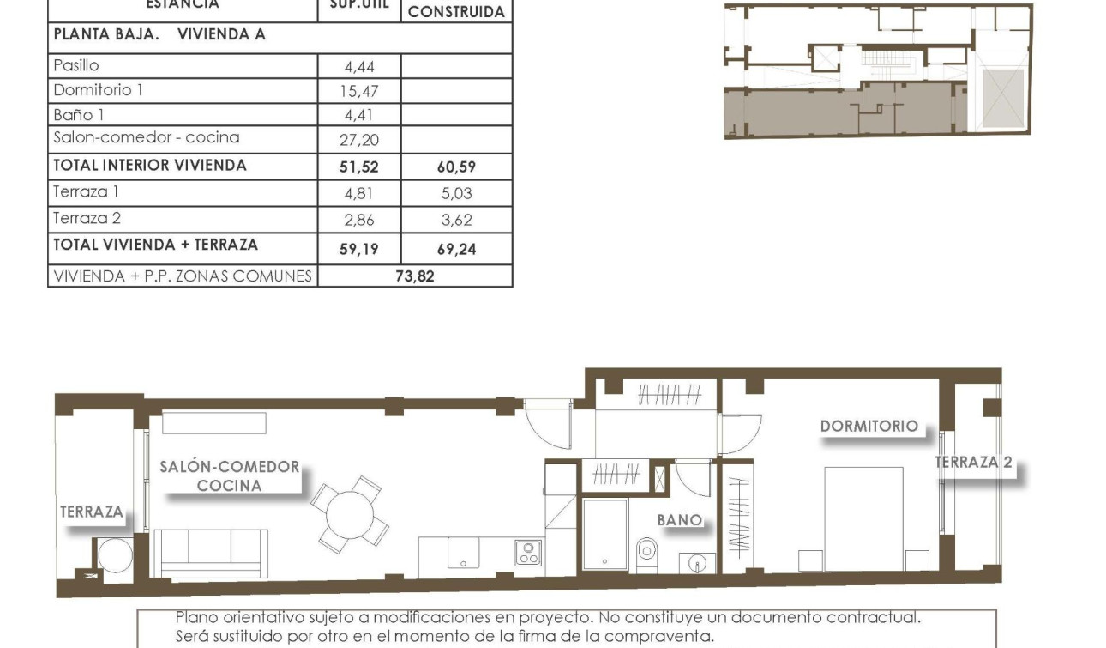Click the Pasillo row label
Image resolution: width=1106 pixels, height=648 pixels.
(76, 65)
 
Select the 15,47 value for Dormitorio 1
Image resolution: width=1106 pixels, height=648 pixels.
(358, 91)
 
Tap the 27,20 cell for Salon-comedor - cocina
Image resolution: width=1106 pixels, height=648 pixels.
(358, 140)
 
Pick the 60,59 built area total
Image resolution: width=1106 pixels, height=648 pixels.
(456, 167)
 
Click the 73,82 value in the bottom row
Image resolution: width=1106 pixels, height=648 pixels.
(415, 276)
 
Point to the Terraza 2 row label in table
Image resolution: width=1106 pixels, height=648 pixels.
(87, 218)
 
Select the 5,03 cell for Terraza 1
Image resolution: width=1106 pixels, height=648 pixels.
(456, 194)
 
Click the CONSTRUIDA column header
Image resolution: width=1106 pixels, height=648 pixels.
(456, 13)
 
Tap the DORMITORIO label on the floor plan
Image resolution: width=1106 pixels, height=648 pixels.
(869, 426)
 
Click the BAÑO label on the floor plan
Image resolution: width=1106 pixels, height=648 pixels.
(679, 519)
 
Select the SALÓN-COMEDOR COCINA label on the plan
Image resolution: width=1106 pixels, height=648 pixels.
(230, 476)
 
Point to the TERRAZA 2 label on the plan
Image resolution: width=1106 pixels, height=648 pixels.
(973, 462)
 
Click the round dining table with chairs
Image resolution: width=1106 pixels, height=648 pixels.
(350, 514)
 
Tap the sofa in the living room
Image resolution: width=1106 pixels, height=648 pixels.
(210, 552)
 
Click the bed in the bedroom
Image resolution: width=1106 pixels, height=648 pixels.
(863, 518)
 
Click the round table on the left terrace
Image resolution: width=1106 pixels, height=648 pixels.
(115, 555)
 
